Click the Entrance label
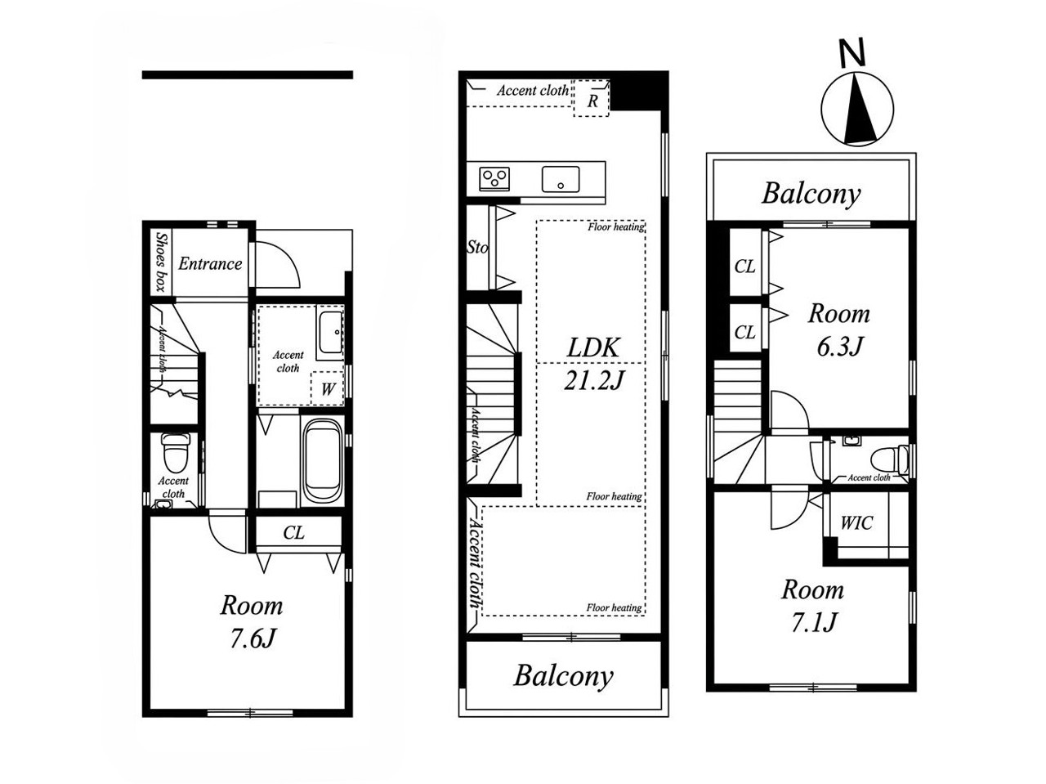click(210, 263)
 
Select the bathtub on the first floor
click(322, 462)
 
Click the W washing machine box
click(327, 388)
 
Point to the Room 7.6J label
click(252, 621)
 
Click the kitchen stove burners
click(494, 180)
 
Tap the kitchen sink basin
click(561, 180)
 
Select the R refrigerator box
click(592, 99)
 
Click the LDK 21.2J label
click(594, 364)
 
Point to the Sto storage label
click(477, 248)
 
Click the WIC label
click(856, 523)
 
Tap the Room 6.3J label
click(839, 329)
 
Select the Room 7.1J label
click(813, 606)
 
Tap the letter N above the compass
click(852, 53)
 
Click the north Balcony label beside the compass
click(811, 194)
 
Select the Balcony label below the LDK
click(563, 676)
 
